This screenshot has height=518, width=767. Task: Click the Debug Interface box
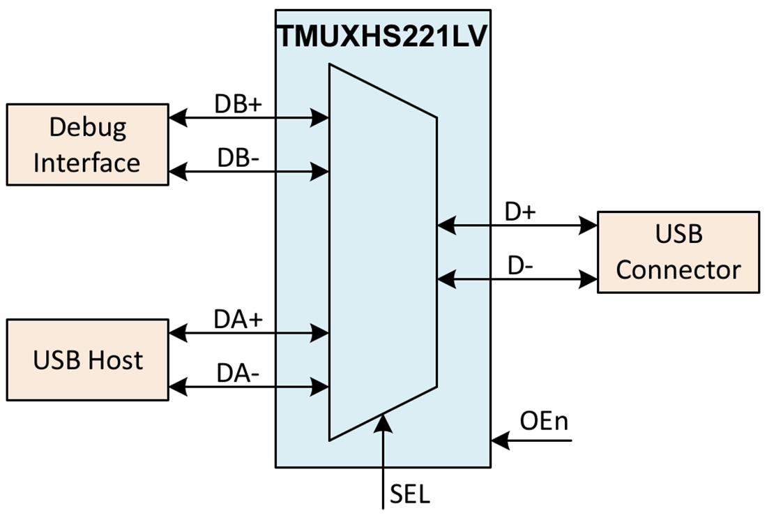(87, 145)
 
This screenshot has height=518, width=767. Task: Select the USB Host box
(87, 360)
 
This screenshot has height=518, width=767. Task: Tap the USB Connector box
(678, 252)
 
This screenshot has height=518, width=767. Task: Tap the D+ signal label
(521, 212)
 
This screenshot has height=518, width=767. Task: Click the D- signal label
(521, 266)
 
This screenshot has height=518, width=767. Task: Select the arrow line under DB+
(248, 119)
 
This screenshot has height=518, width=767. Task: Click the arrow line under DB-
(248, 170)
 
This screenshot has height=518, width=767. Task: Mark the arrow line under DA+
(248, 332)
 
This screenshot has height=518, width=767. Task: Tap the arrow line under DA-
(248, 385)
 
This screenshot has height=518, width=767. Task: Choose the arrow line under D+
(517, 225)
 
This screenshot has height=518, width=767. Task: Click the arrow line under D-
(517, 279)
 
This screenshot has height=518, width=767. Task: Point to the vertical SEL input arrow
(383, 461)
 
